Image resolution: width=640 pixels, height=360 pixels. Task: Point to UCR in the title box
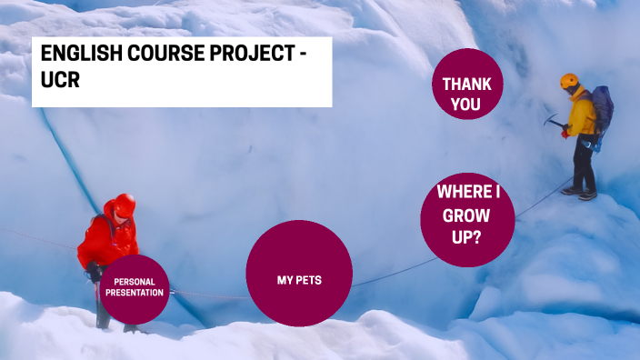pos(58,81)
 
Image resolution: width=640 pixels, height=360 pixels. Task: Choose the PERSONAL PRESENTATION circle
pos(135,288)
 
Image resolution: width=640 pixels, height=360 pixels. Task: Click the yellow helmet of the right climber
pos(570,81)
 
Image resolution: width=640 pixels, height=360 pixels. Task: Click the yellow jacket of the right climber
pos(582,115)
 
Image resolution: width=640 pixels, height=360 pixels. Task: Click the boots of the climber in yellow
pos(578,192)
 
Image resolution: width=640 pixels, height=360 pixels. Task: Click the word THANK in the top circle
pos(467,84)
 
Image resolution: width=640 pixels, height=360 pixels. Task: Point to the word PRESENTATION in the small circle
pos(135,294)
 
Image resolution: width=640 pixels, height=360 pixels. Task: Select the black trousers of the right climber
pos(583,162)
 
